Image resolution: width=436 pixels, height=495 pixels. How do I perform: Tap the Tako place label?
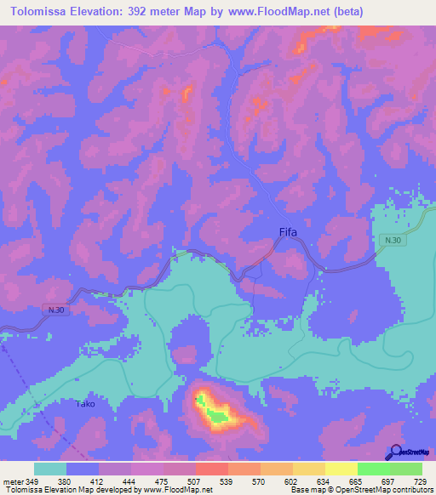click(x=84, y=403)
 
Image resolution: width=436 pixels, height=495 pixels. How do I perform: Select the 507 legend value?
click(x=194, y=481)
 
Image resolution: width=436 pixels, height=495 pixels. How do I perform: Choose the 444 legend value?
click(x=130, y=481)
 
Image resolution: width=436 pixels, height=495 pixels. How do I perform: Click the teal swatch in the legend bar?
click(x=50, y=469)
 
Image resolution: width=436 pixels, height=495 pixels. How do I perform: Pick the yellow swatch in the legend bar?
click(x=341, y=469)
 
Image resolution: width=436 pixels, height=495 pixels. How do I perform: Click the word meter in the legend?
click(x=13, y=481)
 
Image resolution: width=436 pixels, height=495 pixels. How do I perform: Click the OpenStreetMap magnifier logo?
click(x=397, y=452)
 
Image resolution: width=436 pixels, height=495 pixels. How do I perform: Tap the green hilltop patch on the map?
click(x=220, y=417)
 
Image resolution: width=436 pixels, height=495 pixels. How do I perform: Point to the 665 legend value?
click(x=355, y=481)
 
